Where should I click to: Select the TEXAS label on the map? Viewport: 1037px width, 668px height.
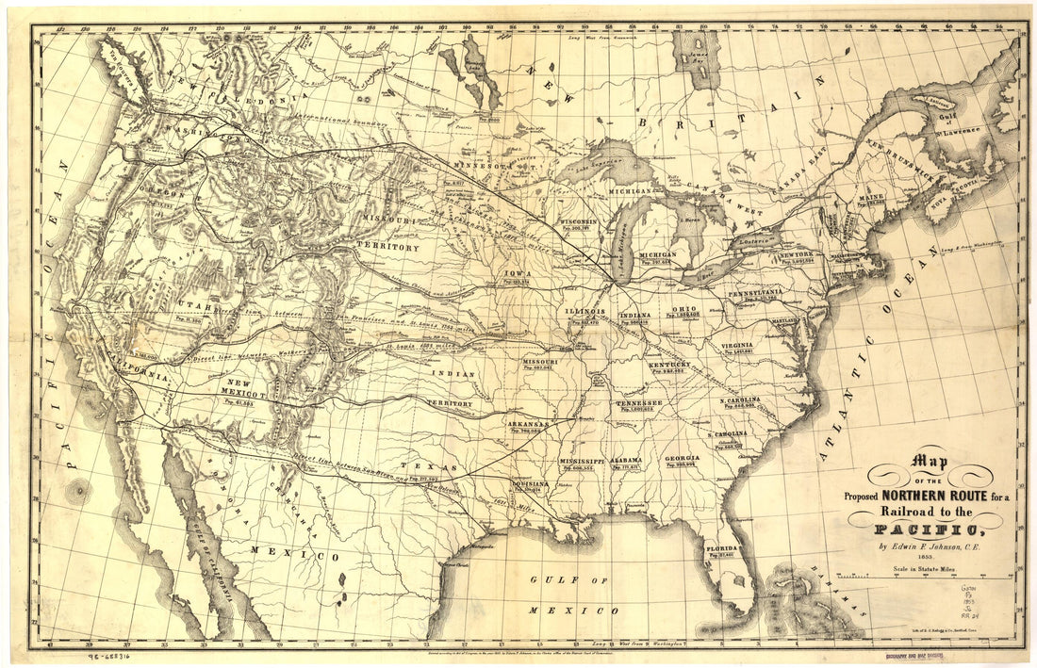pyautogui.click(x=416, y=466)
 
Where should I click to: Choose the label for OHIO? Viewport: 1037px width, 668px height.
pyautogui.click(x=684, y=309)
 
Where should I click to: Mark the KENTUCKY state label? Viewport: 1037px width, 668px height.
pyautogui.click(x=668, y=364)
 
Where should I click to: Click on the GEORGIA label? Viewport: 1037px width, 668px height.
pyautogui.click(x=682, y=459)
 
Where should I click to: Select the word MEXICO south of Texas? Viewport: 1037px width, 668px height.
pyautogui.click(x=306, y=556)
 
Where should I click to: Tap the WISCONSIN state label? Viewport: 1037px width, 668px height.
pyautogui.click(x=588, y=222)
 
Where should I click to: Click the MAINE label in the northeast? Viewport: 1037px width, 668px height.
pyautogui.click(x=869, y=199)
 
